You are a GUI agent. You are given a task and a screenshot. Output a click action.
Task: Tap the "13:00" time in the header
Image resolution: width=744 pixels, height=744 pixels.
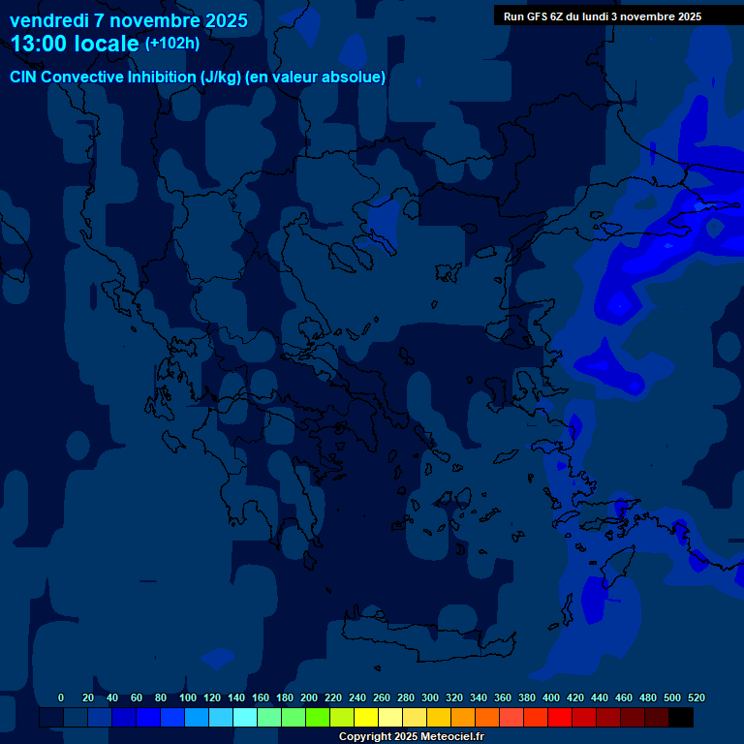pos(39,44)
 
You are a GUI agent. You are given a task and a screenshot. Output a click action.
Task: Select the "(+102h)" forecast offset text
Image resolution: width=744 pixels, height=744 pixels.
pos(172,44)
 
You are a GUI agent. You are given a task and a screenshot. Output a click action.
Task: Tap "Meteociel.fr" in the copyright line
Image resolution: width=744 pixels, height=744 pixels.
pos(451,737)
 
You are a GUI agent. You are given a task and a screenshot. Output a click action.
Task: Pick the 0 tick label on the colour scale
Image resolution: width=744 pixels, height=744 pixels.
pos(61,697)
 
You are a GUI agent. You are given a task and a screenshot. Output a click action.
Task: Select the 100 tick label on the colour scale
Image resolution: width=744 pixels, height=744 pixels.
pos(188,697)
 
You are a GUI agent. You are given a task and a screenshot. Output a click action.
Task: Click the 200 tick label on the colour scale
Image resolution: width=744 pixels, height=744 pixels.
pos(309,697)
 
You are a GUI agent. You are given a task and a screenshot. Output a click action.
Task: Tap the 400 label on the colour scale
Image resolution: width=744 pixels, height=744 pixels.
pos(551,697)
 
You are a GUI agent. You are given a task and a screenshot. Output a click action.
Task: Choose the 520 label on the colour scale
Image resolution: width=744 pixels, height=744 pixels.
pos(696,697)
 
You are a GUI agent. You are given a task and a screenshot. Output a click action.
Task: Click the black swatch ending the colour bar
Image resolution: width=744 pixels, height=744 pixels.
pos(681,717)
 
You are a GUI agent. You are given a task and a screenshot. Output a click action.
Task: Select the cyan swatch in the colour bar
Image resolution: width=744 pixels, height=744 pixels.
pos(245,717)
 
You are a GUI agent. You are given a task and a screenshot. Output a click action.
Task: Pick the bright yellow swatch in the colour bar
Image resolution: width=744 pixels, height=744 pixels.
pos(366,717)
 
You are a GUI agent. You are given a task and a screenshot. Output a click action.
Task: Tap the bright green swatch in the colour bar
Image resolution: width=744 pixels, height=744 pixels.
pos(318,717)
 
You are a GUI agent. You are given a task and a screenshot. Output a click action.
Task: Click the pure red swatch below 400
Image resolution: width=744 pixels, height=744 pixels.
pos(560,717)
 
